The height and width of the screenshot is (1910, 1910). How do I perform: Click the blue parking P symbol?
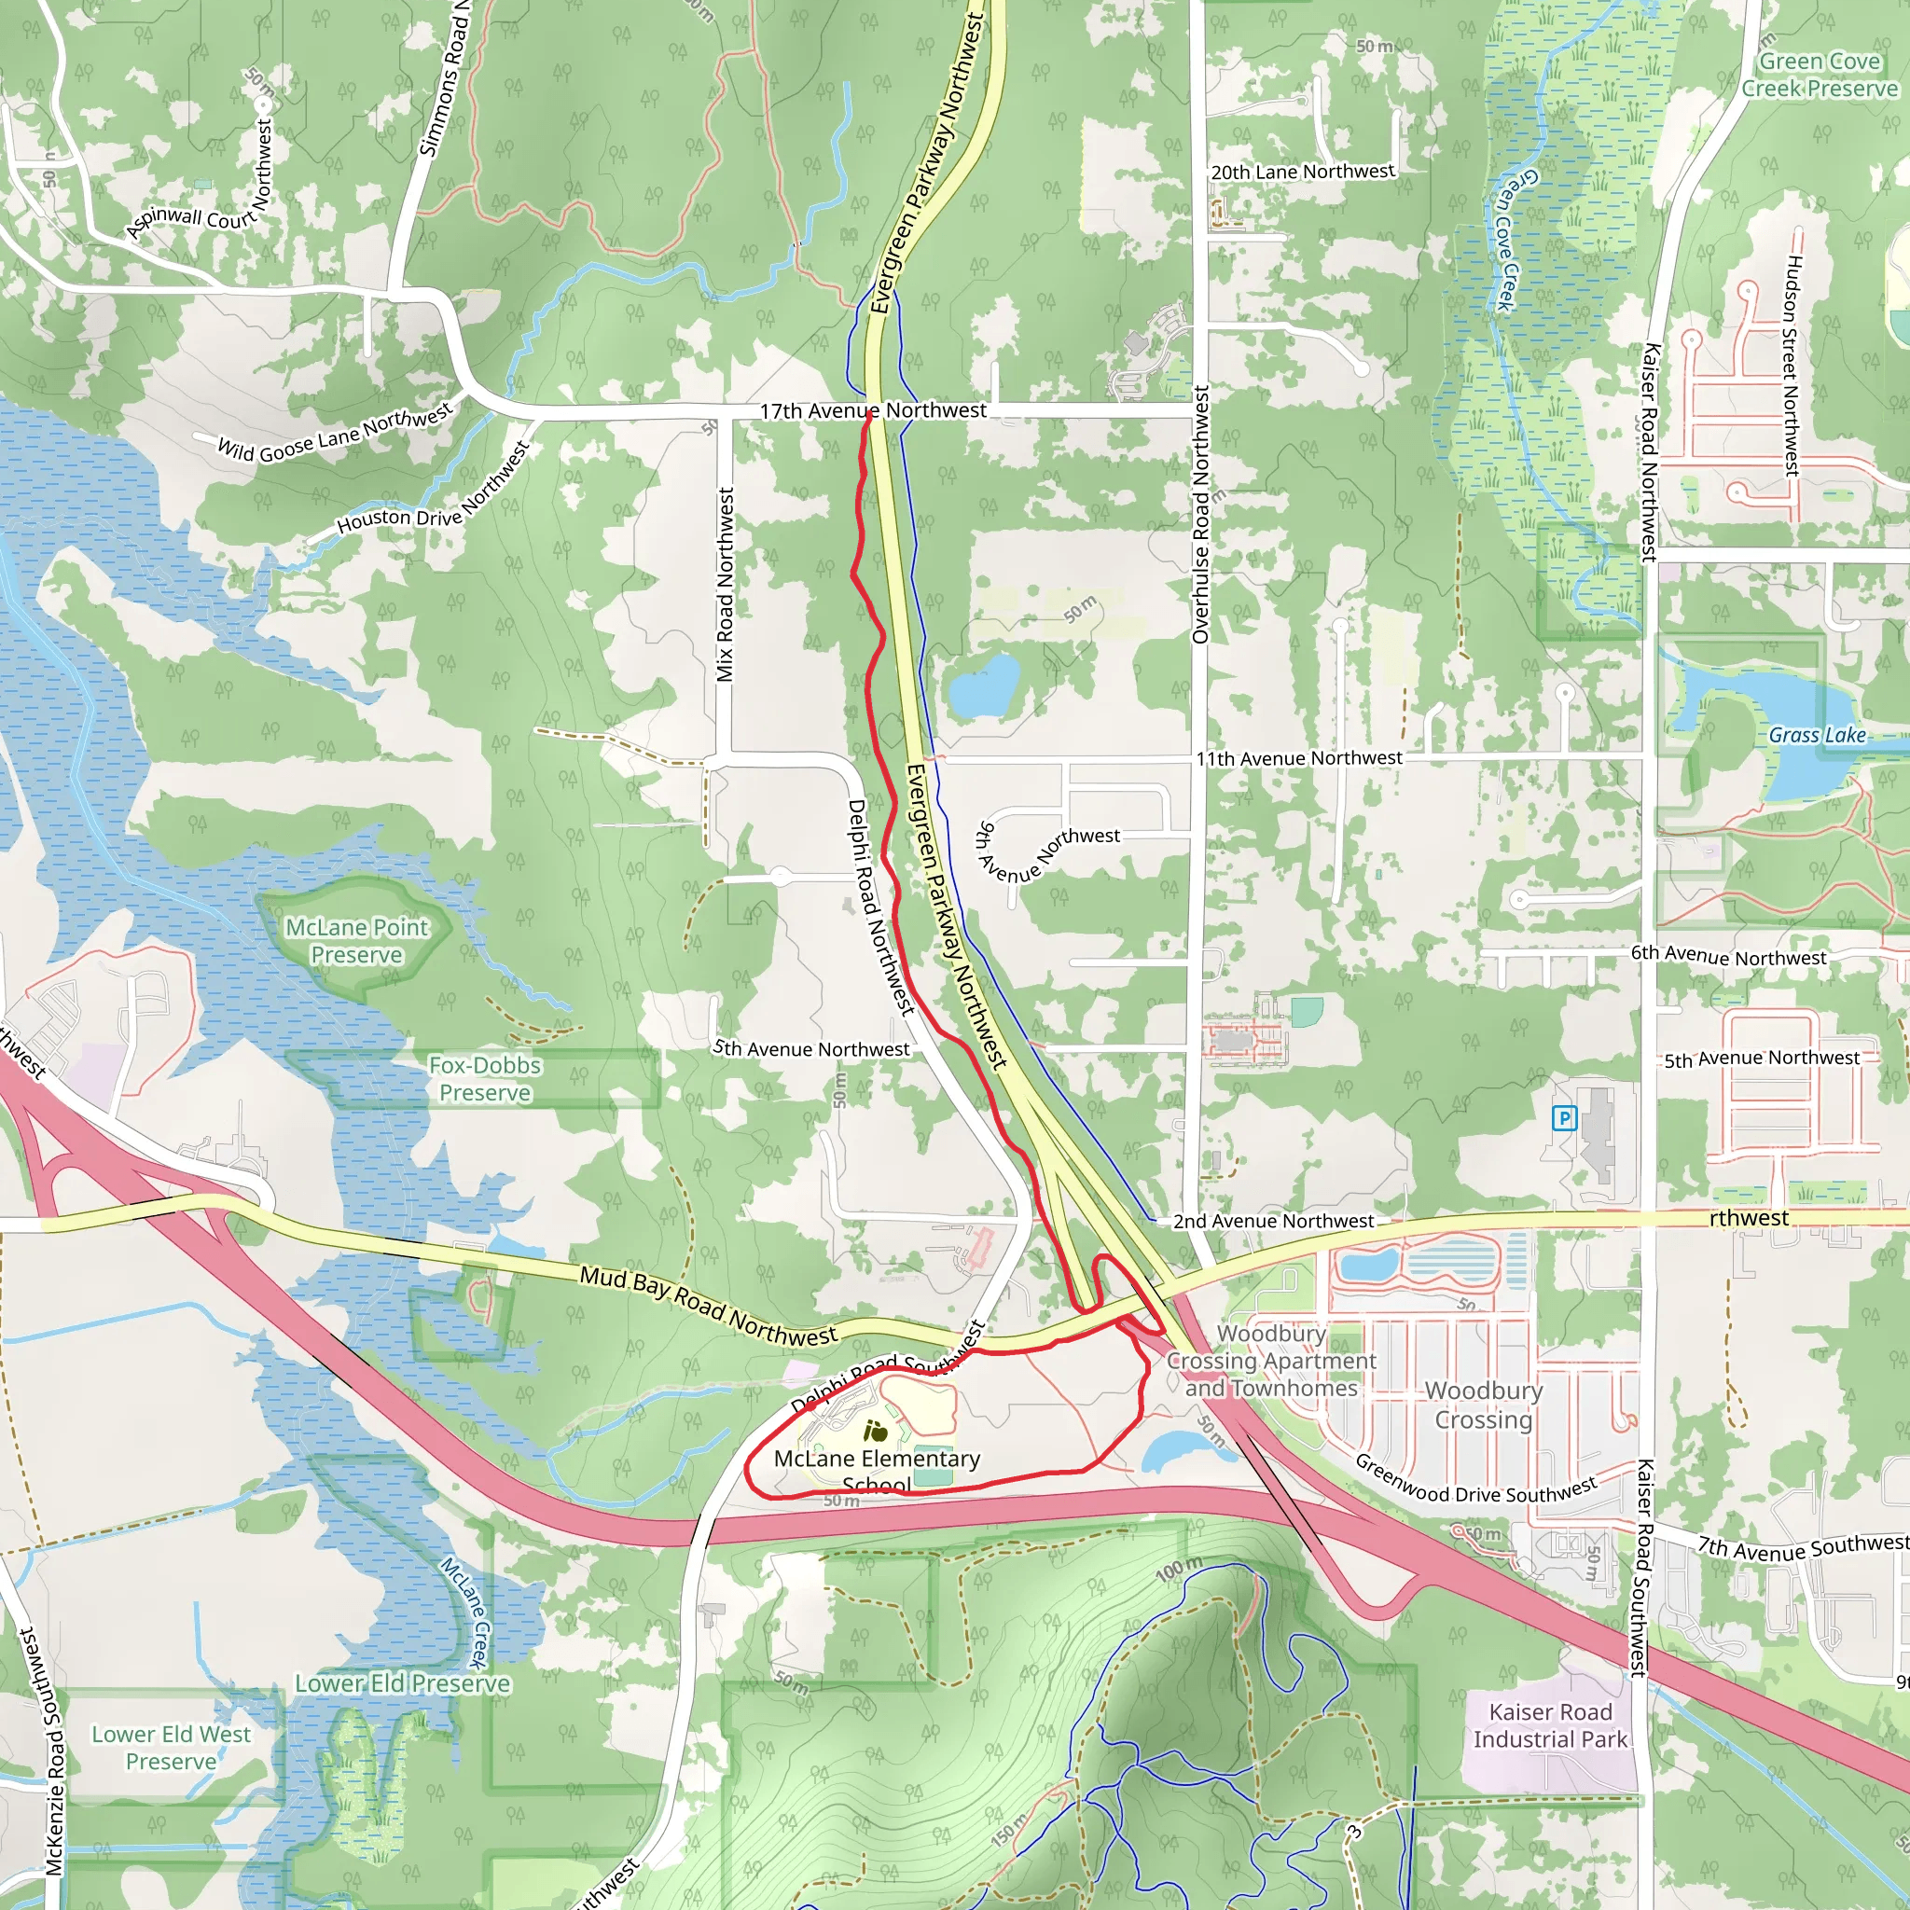[1564, 1119]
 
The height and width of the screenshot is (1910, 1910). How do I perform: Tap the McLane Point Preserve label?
[357, 941]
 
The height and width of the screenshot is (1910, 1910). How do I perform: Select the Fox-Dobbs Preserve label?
[484, 1079]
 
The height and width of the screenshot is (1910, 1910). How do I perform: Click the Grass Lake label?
[1817, 735]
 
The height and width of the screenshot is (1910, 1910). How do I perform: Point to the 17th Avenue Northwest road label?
[873, 410]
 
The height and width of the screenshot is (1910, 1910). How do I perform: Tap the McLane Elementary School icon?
[874, 1431]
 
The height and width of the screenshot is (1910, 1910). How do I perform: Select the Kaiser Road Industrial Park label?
[1549, 1725]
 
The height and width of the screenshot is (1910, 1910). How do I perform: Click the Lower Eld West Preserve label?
[171, 1748]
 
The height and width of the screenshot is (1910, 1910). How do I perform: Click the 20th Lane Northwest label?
[1302, 172]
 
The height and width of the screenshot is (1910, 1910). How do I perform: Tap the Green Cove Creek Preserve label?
[1819, 76]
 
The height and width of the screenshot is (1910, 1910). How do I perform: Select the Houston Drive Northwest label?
[433, 490]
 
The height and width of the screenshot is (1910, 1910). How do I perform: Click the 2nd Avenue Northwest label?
[1273, 1221]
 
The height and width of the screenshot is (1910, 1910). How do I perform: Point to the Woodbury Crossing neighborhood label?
[1483, 1405]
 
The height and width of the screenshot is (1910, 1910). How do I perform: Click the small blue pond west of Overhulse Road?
[983, 686]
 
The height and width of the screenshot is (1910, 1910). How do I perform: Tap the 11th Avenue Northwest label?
[1299, 758]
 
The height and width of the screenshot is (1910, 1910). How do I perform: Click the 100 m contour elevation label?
[1180, 1568]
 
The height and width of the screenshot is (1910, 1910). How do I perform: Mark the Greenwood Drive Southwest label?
[1475, 1480]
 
